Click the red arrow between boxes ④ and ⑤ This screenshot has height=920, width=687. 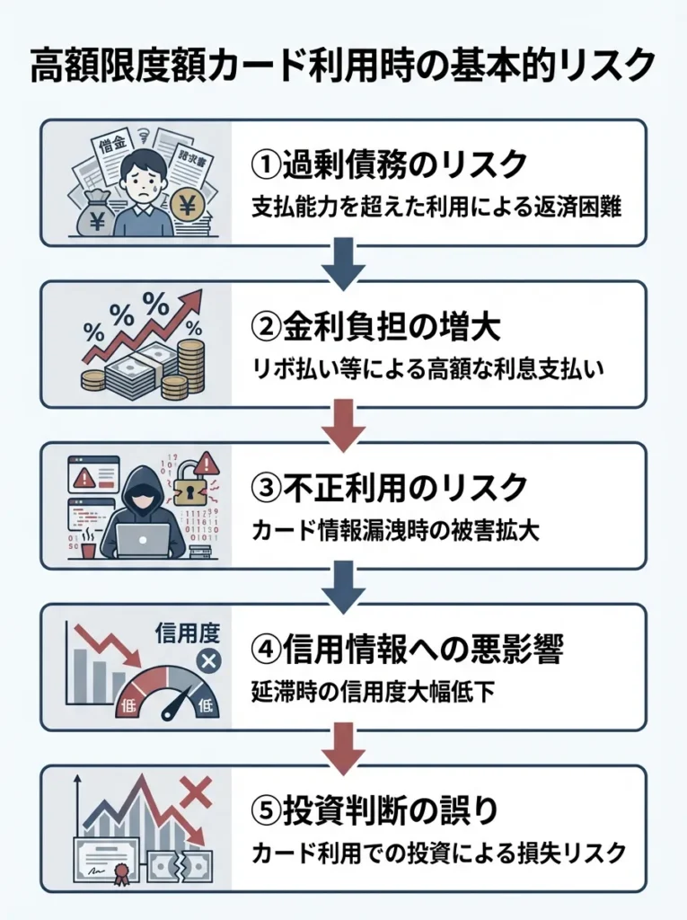(343, 748)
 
